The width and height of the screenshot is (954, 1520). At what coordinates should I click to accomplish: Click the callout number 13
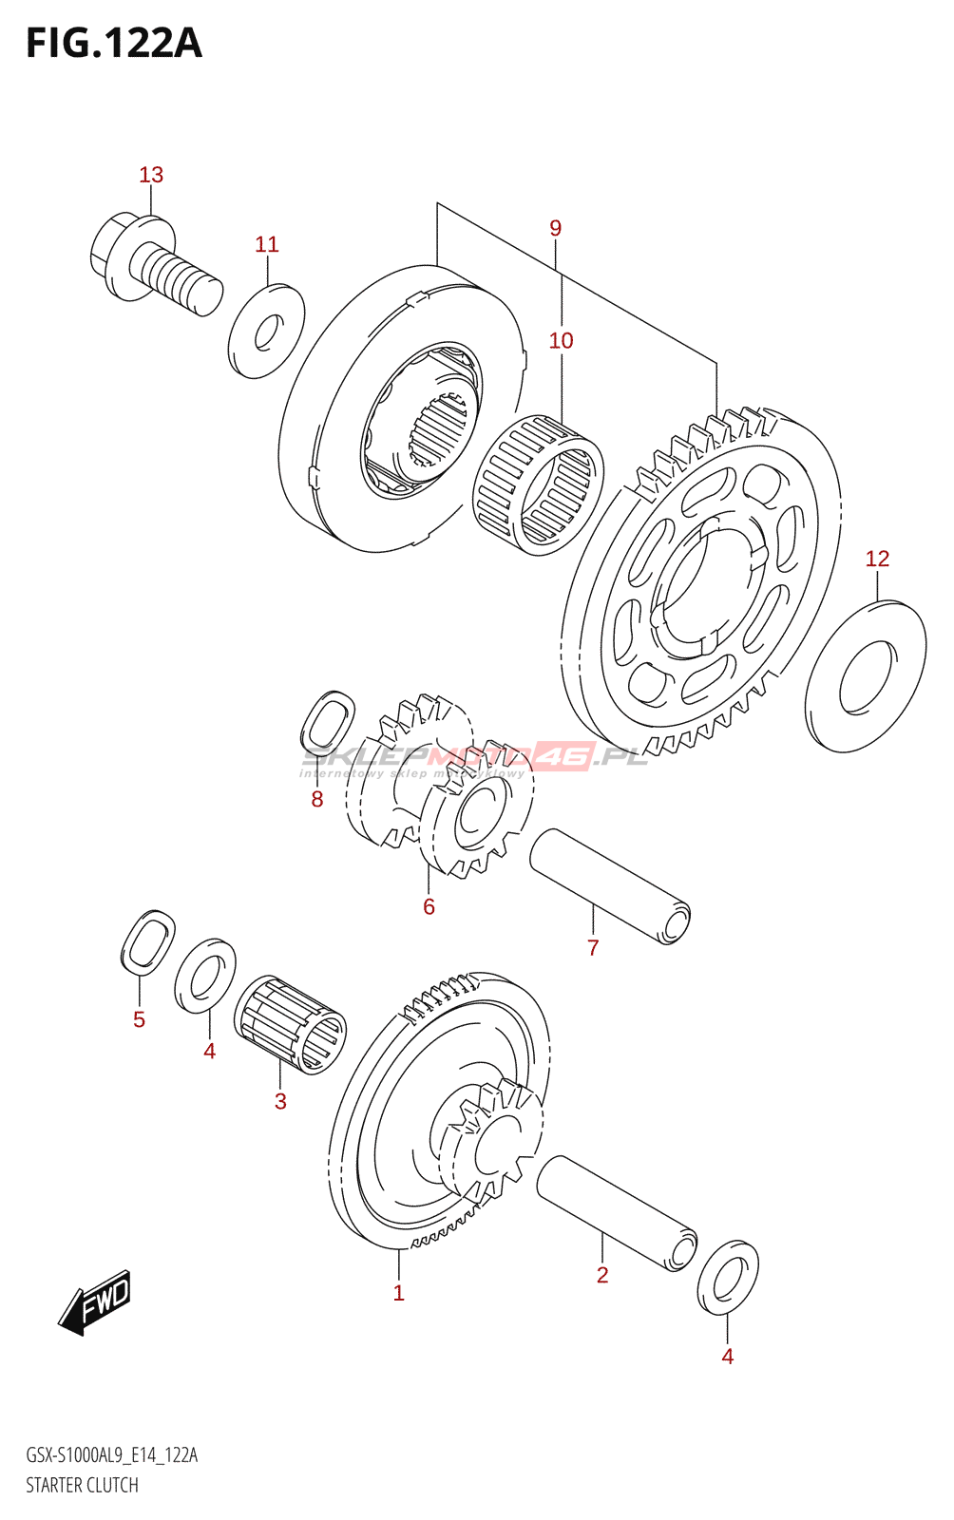[151, 175]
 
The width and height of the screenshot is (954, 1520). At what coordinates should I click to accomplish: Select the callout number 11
[266, 244]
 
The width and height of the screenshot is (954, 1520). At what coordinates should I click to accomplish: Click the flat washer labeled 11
[266, 331]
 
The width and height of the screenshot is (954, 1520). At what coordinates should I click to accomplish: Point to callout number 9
[555, 228]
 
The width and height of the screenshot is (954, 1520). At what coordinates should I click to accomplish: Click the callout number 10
[561, 340]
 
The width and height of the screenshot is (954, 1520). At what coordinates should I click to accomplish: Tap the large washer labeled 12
[866, 675]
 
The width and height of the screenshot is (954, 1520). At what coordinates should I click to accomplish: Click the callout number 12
[877, 559]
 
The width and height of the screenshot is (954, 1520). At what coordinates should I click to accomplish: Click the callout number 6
[429, 906]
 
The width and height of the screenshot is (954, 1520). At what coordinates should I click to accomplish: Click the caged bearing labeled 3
[291, 1025]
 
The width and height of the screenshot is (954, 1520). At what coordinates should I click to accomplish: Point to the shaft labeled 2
[617, 1213]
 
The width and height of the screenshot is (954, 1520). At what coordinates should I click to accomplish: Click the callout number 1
[399, 1293]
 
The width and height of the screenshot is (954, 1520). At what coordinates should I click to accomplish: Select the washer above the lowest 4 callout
[728, 1278]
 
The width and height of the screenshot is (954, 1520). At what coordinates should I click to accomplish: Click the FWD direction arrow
[95, 1302]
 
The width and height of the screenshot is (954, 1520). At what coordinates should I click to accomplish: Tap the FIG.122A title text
[114, 44]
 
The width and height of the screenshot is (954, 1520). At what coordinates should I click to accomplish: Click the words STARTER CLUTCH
[82, 1485]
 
